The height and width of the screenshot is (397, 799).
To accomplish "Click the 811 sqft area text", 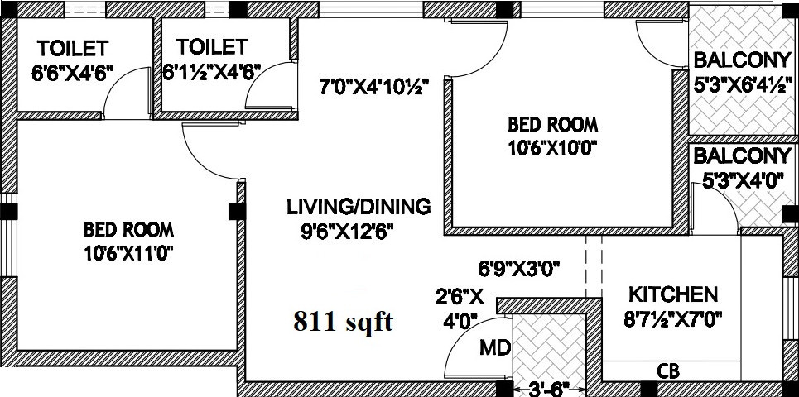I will pos(343,323).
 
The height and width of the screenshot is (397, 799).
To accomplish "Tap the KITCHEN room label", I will pos(671,294).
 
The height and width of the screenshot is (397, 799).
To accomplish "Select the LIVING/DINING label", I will pos(359,207).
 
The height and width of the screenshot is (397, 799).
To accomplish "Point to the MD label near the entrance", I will pos(494,347).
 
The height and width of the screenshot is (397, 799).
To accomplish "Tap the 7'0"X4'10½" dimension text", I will pos(374,86).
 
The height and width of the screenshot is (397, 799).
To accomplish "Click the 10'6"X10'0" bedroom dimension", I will pos(552,148).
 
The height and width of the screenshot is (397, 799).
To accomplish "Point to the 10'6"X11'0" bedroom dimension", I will pos(133,253).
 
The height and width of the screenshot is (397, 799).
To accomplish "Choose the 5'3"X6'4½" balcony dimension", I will pos(740,84).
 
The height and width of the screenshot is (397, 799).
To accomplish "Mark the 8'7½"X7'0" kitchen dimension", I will pos(676,318).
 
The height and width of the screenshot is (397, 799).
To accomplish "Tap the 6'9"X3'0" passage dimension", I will pos(519,269).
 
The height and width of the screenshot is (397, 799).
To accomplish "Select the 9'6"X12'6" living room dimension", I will pos(347,232).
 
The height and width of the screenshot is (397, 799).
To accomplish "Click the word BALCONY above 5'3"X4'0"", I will pos(741,156).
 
